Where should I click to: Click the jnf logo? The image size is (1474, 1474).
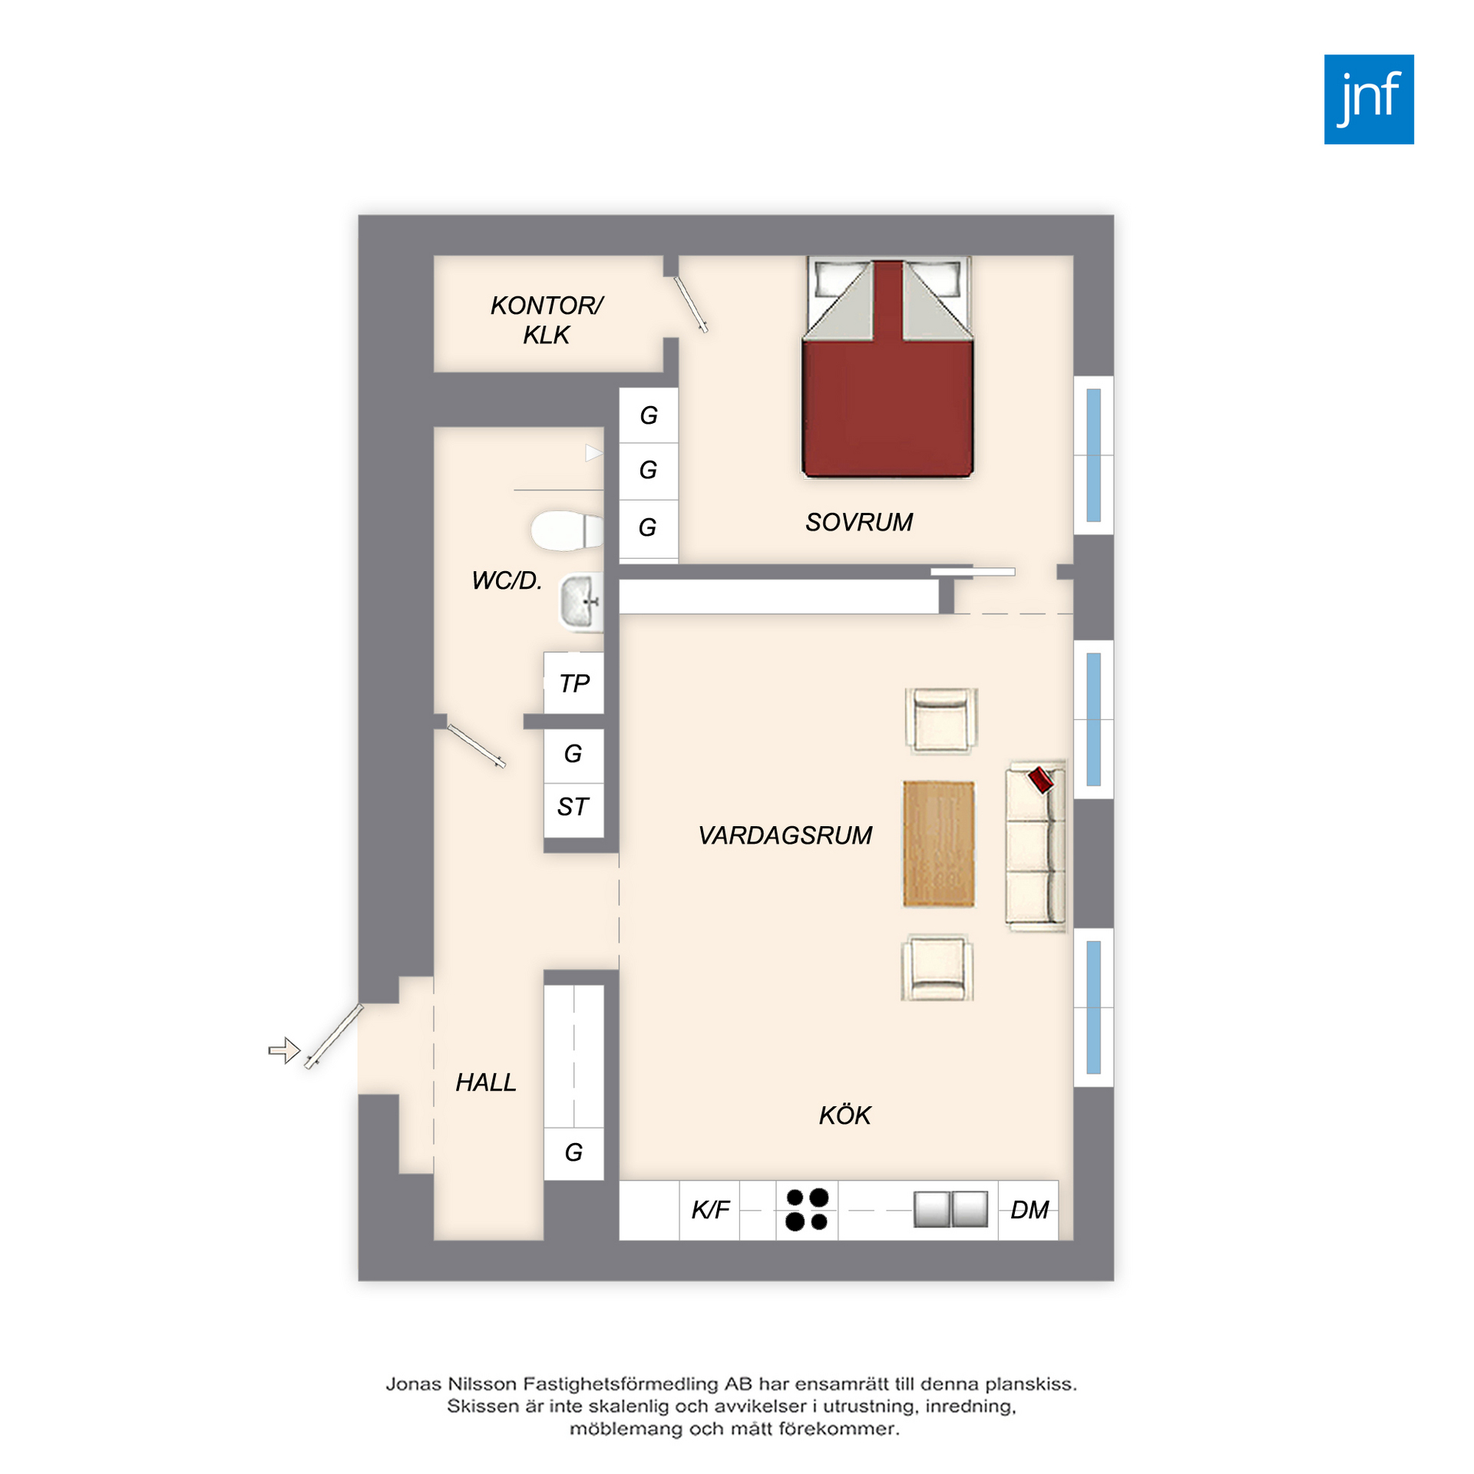coord(1368,99)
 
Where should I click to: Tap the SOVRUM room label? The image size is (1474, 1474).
coord(858,522)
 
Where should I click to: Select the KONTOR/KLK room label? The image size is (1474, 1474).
coord(547,320)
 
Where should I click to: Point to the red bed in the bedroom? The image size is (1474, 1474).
coord(887,368)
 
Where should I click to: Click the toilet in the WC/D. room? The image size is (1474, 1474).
coord(567,530)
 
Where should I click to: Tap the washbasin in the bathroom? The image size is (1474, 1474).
coord(581,603)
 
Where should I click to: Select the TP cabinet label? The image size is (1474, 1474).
coord(574,683)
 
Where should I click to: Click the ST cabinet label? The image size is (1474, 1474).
coord(573,807)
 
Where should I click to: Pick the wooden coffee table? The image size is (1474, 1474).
coord(938,844)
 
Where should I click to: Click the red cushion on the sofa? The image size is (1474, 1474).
coord(1041,779)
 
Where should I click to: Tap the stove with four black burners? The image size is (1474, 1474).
coord(807,1210)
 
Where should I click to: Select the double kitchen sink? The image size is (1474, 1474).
coord(950,1209)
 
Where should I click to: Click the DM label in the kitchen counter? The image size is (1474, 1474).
coord(1029,1210)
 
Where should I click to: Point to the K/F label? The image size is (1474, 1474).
coord(710,1210)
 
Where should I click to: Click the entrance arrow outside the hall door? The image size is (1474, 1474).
coord(284,1050)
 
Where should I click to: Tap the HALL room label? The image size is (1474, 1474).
coord(485,1082)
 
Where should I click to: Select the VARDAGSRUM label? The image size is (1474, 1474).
coord(785,835)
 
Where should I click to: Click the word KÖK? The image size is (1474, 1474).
coord(844,1115)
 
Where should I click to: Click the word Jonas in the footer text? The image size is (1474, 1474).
coord(413,1384)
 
